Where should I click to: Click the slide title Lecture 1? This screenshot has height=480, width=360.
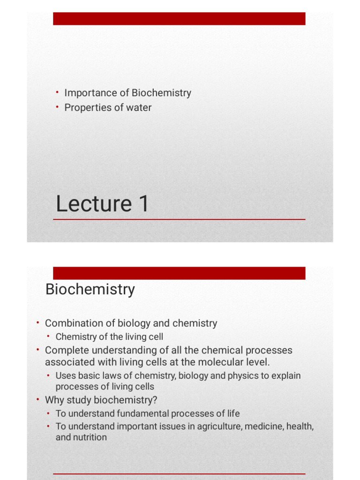[102, 204]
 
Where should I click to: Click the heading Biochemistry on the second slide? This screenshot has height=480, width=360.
[90, 289]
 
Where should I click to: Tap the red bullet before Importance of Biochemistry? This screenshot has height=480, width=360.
[57, 92]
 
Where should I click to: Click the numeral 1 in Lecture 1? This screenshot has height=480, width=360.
[143, 204]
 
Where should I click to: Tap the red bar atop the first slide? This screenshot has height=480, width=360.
[179, 19]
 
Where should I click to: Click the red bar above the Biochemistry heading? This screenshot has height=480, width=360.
[179, 273]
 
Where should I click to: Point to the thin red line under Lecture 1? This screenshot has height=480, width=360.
[179, 219]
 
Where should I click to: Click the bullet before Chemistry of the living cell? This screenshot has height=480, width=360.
[49, 336]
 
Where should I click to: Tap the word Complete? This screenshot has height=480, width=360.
[65, 350]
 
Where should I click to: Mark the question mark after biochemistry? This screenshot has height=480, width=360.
[155, 400]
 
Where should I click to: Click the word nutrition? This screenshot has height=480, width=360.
[90, 437]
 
